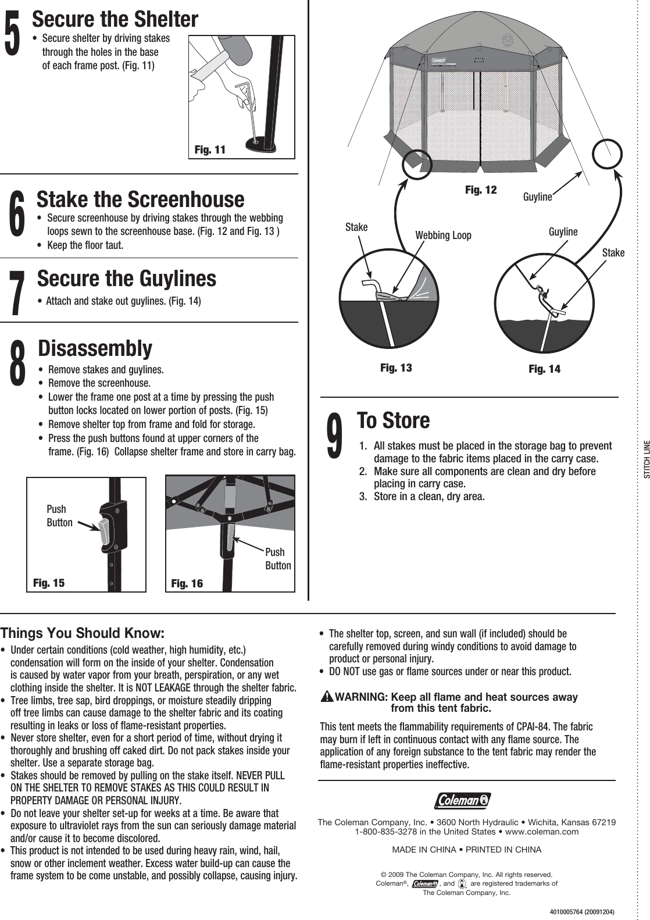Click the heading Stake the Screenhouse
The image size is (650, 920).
coord(140,199)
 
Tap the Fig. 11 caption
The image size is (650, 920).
coord(210,150)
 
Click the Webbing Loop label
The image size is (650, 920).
coord(443,236)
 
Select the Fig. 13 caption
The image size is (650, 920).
coord(395,368)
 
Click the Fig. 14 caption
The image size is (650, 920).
coord(544,369)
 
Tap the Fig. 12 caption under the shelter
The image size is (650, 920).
coord(481,190)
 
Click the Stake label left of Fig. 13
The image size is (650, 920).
coord(356,227)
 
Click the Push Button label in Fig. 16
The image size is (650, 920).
coord(278,559)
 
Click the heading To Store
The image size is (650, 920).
coord(393,420)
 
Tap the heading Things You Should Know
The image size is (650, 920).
coord(83,633)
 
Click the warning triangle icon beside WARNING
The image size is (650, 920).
coord(327,697)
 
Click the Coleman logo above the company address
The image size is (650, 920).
coord(462,801)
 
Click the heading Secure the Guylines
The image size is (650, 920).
coord(126,278)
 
